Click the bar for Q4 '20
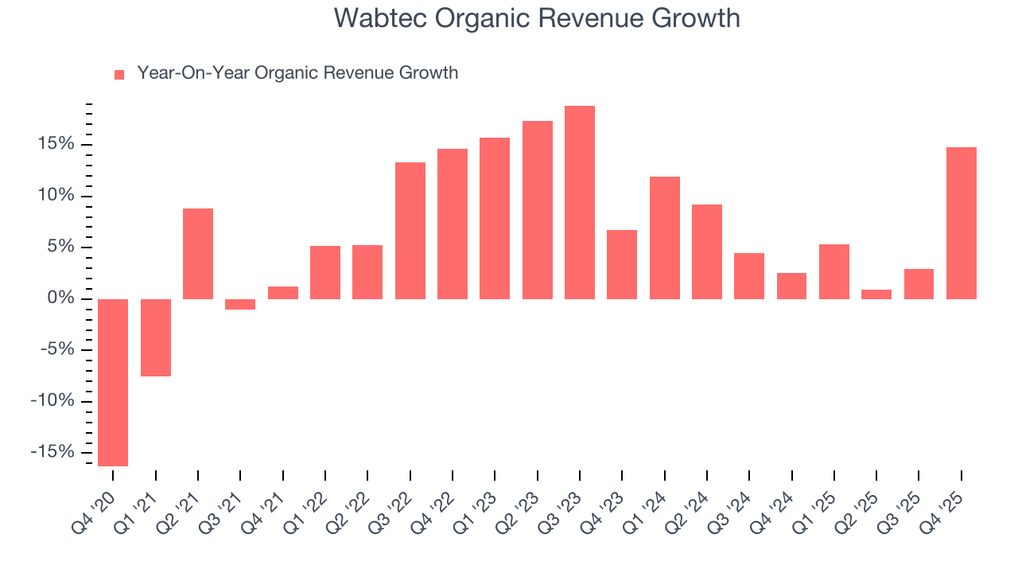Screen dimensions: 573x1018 tap(113, 382)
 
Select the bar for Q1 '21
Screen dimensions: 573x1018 tap(156, 337)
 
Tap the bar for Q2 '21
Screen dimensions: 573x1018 tap(198, 254)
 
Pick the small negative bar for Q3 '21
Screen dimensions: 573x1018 tap(240, 304)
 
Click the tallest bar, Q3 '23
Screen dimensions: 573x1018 tap(580, 202)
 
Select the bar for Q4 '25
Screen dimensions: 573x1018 tap(962, 223)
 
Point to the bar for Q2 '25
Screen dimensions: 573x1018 tap(876, 294)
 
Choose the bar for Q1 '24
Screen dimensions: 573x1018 tap(665, 238)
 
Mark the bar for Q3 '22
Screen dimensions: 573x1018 tap(410, 231)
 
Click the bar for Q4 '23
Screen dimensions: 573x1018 tap(622, 264)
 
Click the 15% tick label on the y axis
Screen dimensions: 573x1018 tap(54, 144)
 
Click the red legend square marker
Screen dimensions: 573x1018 tap(119, 74)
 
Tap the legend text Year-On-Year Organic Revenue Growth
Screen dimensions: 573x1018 tap(297, 73)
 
